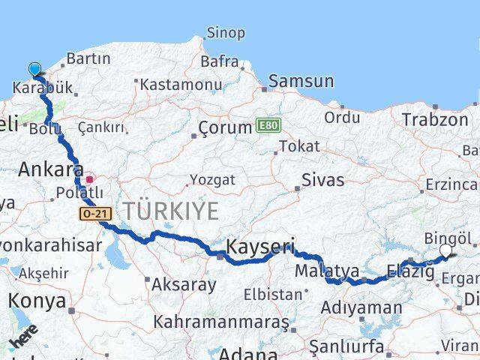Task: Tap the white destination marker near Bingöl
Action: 446,250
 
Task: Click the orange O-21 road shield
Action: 96,214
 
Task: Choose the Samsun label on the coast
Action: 301,80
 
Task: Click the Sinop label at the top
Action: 225,32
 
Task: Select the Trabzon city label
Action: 434,119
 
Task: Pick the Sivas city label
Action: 322,180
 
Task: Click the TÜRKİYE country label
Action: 171,211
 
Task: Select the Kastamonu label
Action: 181,85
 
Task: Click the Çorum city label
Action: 225,127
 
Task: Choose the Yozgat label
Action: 212,180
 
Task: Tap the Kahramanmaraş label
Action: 221,322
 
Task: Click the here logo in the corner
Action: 24,336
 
